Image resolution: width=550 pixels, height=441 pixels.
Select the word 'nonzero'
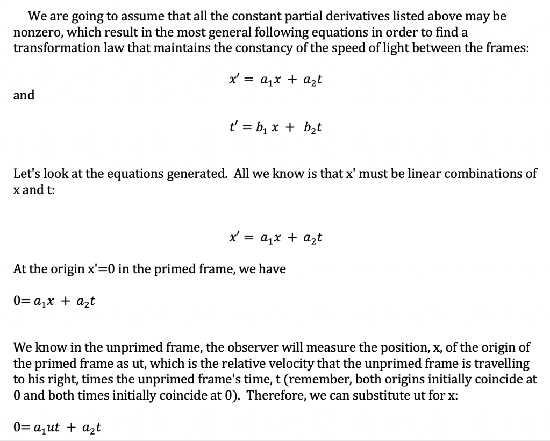click(x=34, y=31)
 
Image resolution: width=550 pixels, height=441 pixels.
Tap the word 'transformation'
click(x=52, y=47)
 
